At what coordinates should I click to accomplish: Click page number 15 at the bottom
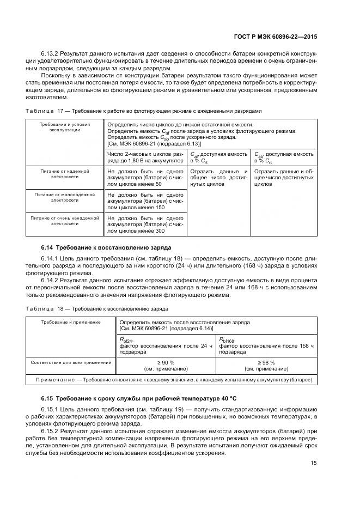tap(314, 463)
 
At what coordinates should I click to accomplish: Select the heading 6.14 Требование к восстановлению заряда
tap(106, 247)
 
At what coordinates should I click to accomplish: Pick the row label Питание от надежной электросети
tap(64, 174)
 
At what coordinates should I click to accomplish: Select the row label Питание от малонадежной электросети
tap(64, 197)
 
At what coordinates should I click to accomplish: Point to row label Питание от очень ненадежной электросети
tap(64, 220)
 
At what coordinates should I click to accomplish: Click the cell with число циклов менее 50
tap(145, 178)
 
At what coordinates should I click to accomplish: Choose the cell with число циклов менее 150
tap(145, 201)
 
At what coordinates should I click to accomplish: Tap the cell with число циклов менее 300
tap(145, 223)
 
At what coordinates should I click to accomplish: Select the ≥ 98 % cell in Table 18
tap(266, 365)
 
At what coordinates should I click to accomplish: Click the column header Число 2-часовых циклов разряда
tap(145, 157)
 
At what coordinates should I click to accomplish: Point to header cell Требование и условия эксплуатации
tap(64, 127)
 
